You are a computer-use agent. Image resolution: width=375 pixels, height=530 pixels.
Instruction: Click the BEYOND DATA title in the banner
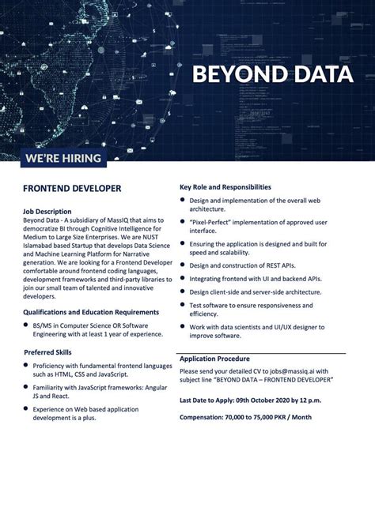[x=273, y=75]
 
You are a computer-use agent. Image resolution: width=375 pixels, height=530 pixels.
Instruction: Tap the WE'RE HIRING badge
[x=63, y=158]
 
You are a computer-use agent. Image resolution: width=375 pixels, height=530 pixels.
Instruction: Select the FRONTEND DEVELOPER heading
[x=72, y=189]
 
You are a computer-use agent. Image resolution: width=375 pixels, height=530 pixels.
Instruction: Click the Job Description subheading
[x=47, y=212]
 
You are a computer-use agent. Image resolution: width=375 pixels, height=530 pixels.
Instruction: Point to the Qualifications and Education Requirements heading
[x=91, y=312]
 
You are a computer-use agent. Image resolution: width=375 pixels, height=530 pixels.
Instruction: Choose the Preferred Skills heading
[x=47, y=351]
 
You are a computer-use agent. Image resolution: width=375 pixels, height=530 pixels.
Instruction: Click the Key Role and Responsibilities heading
[x=225, y=187]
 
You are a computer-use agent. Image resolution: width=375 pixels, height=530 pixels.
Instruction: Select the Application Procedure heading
[x=214, y=358]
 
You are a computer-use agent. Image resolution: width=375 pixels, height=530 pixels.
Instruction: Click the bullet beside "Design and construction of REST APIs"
[x=183, y=265]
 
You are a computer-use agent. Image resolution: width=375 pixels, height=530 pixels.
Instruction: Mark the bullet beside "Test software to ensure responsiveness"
[x=183, y=305]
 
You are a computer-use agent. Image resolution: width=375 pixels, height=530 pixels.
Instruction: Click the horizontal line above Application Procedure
[x=262, y=352]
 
